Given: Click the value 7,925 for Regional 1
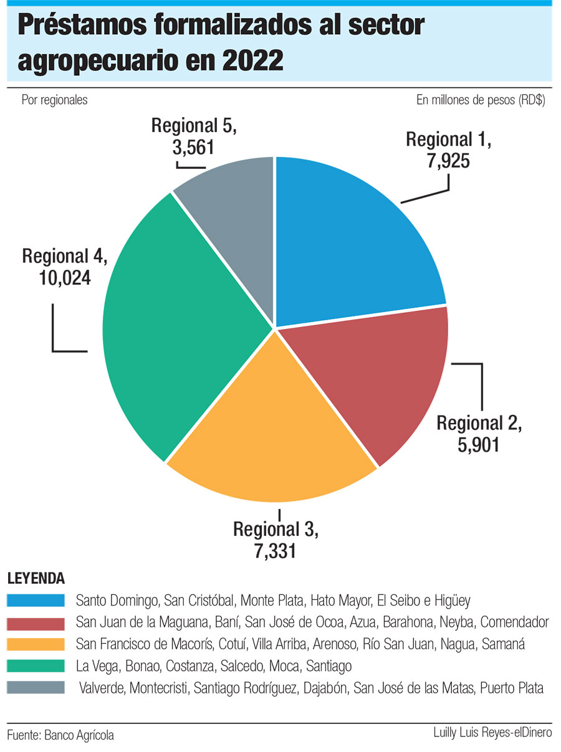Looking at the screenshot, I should [x=448, y=161].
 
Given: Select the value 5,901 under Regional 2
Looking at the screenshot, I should [x=479, y=445].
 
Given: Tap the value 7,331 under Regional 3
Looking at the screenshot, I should [x=275, y=552].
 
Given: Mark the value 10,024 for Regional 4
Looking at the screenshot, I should [x=65, y=277].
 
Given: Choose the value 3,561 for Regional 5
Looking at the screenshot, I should [x=193, y=148].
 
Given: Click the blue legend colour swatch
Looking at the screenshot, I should [x=36, y=601].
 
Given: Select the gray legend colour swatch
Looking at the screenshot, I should [x=36, y=688].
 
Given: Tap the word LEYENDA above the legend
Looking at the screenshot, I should [x=36, y=578].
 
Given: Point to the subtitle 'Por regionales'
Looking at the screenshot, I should [x=54, y=100].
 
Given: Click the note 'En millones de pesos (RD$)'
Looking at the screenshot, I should [x=480, y=100].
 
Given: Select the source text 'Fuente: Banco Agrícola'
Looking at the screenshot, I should [x=60, y=735].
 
